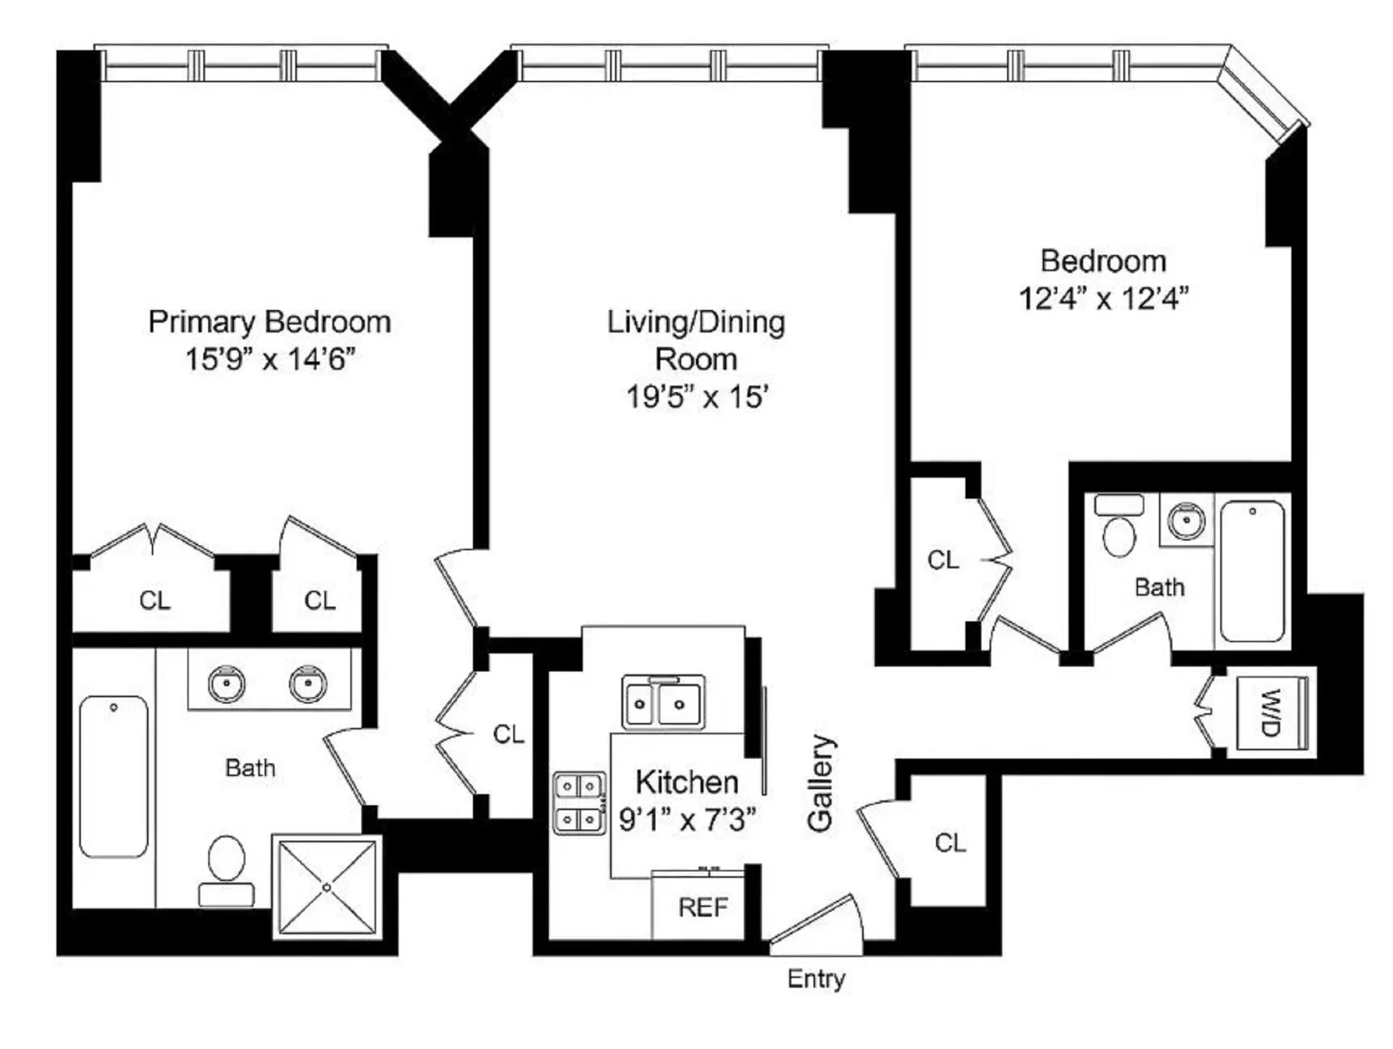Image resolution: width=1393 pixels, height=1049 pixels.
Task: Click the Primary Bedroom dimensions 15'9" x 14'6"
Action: coord(270,359)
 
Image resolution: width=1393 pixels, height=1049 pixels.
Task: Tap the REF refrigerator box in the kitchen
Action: coord(702,907)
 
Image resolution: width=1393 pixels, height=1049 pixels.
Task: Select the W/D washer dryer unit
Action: coord(1272,712)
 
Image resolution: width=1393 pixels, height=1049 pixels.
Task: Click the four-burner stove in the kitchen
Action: coord(579,803)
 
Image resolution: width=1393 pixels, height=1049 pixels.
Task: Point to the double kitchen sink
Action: coord(662,704)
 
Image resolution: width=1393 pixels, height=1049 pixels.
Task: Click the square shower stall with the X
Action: coord(327,887)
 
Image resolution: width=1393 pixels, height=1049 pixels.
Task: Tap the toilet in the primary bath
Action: coord(226,871)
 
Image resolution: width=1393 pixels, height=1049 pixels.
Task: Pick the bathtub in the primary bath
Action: coord(114,776)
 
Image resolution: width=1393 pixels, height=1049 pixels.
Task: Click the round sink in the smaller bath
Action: coord(1185,521)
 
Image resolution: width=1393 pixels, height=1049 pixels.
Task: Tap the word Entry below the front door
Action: coord(816,979)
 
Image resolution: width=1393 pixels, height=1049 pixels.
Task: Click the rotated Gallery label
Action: coord(820,783)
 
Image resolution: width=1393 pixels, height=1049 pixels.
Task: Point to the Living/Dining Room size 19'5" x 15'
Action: coord(696,397)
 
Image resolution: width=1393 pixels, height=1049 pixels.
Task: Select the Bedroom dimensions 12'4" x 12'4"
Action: coord(1103,298)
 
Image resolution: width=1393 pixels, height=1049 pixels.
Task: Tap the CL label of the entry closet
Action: coord(950,844)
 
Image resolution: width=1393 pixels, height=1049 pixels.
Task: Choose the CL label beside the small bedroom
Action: coord(943,560)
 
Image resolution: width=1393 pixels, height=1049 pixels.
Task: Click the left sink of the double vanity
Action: coord(226,683)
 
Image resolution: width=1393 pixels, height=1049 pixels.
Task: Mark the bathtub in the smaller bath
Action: coord(1252,570)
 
